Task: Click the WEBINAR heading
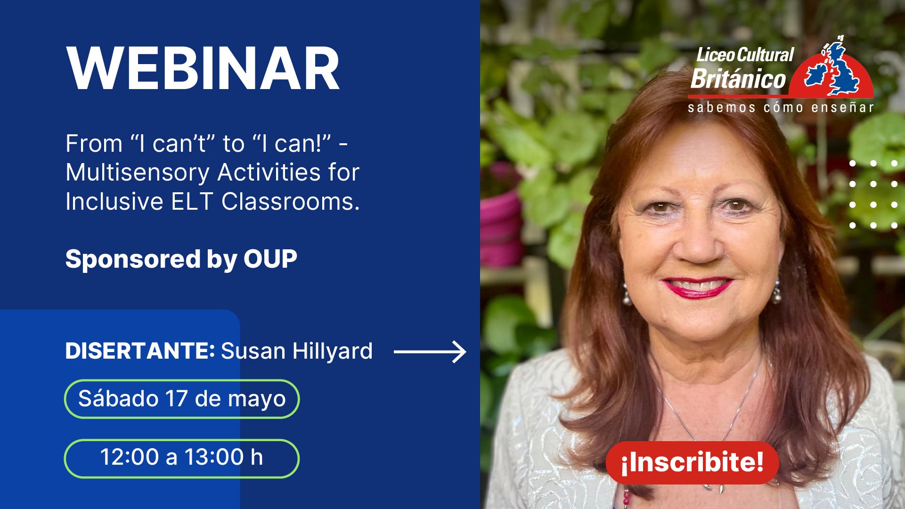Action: pos(203,69)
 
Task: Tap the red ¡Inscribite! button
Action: pos(692,462)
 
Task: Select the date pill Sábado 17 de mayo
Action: pos(182,399)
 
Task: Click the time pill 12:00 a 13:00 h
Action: pos(182,458)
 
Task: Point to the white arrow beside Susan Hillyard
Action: pos(430,352)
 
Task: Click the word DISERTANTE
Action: pos(140,351)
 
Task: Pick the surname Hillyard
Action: pos(332,352)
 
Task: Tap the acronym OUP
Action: pos(270,259)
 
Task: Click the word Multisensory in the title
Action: pos(137,173)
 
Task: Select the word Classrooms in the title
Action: pos(291,202)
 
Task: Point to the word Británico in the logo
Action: pos(738,78)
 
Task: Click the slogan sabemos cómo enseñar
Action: pos(781,107)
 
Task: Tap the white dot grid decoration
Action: pos(873,195)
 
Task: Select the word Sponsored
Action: pos(133,260)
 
